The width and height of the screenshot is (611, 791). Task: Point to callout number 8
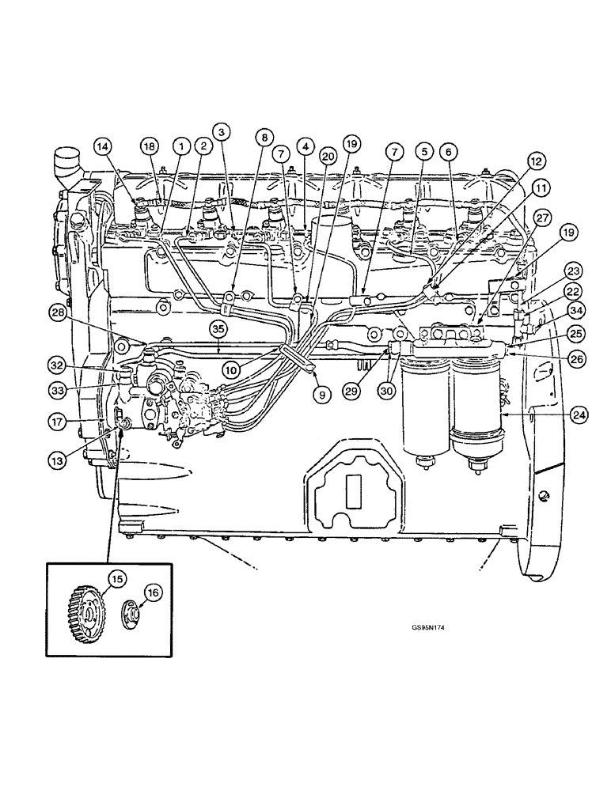coord(262,136)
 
